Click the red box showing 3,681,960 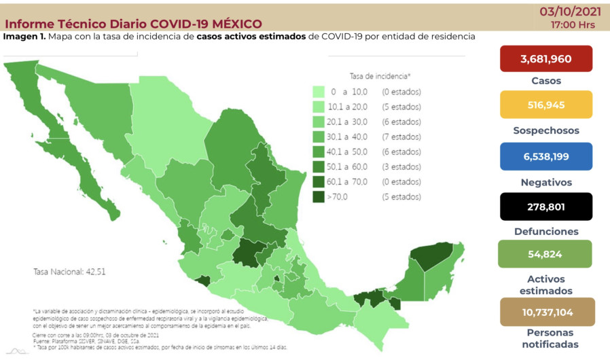point(546,58)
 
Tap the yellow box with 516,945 point(546,105)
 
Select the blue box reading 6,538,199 point(546,156)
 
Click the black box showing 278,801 point(546,206)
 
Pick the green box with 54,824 point(546,253)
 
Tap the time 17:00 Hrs point(574,24)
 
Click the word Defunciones point(546,231)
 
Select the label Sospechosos point(546,130)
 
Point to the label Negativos point(546,182)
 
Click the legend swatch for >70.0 point(318,196)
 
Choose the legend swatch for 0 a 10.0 point(318,92)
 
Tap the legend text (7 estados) point(401,137)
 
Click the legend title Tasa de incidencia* point(380,76)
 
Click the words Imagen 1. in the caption point(24,36)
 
